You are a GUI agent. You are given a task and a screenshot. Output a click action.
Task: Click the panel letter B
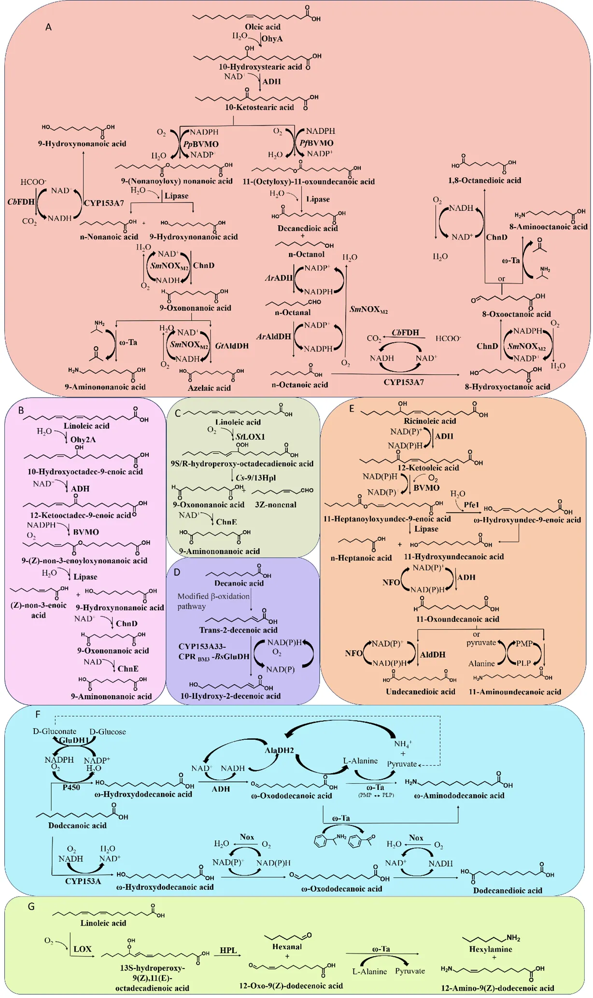coord(21,410)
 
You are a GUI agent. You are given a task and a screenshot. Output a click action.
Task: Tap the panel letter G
coord(31,906)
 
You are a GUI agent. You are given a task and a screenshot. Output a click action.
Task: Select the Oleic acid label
coord(263,27)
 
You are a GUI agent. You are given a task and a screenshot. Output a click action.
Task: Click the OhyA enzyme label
coord(272,39)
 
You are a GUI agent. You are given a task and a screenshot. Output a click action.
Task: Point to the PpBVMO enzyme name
coord(201,144)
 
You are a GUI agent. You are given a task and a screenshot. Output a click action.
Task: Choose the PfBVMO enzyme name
coord(316,143)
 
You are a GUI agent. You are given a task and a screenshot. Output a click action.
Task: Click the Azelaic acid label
coord(209,388)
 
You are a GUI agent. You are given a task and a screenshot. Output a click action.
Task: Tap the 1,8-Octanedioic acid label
coord(484,180)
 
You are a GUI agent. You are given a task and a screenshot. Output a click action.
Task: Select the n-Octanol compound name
coord(306,254)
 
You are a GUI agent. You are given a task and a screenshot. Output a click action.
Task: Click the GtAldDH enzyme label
coord(232,346)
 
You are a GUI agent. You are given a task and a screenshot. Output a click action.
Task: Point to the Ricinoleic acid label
coord(430,421)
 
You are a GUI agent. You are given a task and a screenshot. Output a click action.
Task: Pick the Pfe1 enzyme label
coord(471,505)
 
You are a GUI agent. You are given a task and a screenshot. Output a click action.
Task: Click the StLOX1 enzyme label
coord(250,436)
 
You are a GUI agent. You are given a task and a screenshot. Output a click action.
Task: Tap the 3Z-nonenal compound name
coord(275,505)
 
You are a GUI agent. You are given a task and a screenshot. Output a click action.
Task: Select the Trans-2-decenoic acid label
coord(238,630)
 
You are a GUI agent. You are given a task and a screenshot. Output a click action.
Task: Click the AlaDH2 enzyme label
coord(279,750)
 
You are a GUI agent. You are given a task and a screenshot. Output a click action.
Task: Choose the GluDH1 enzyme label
coord(74,740)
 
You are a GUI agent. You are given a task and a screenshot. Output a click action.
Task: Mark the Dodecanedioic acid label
coord(507,890)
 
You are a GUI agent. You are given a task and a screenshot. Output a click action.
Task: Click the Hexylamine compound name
coord(491,949)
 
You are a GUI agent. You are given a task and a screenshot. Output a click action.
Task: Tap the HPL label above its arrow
coord(228,950)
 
